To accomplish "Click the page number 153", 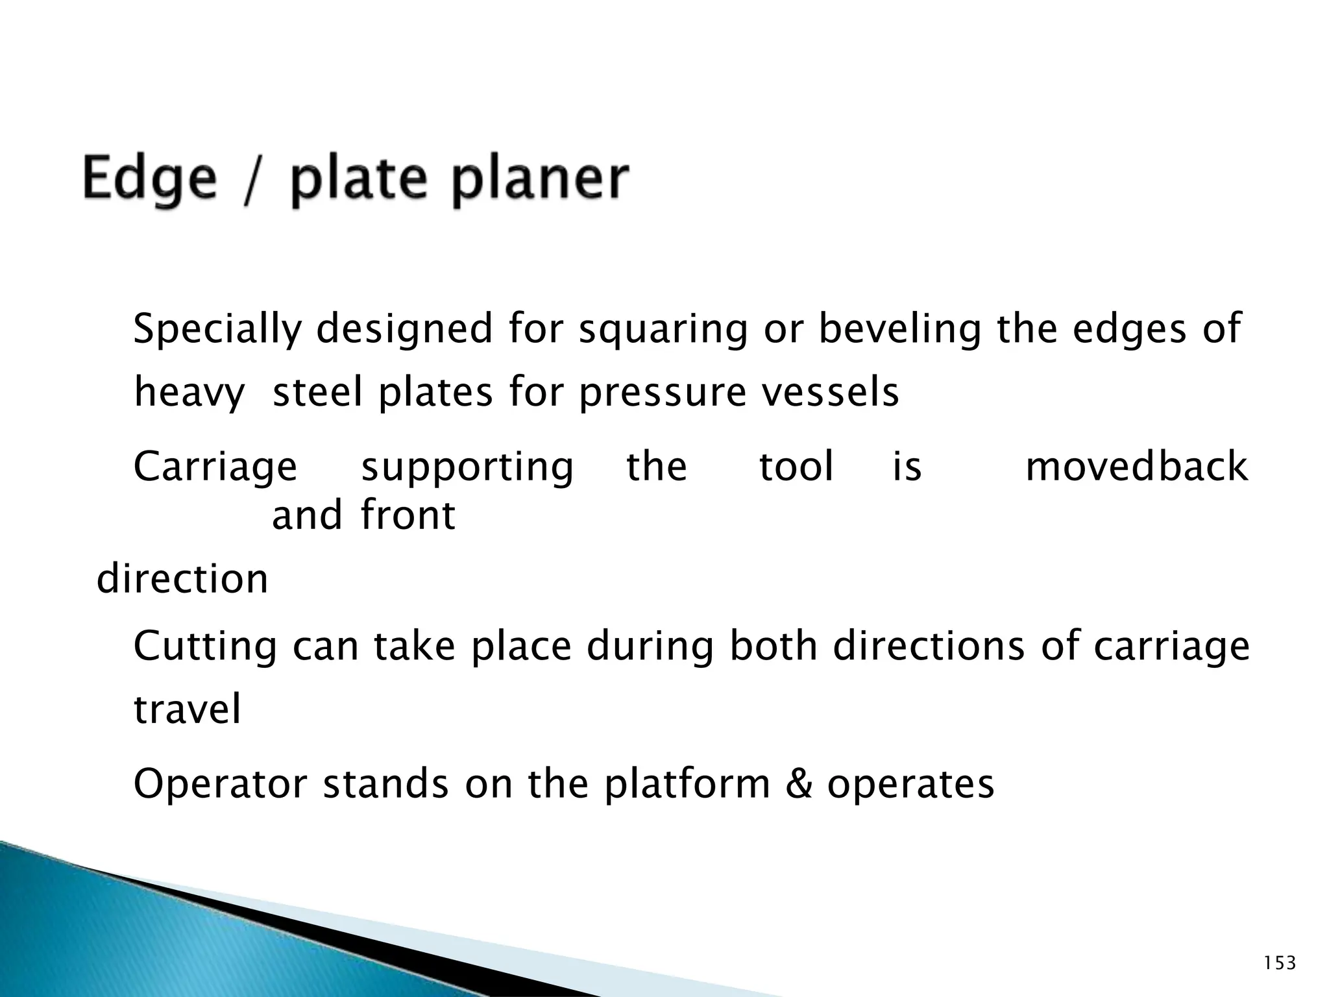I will [1280, 963].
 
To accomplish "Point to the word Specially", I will [217, 329].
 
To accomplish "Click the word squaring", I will [663, 329].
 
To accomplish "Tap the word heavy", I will [189, 393].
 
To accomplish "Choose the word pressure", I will [662, 393].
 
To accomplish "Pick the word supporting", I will [467, 467].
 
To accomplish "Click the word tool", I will [796, 466].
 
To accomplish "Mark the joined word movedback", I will [1136, 466].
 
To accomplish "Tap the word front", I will [408, 515].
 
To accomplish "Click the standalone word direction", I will [182, 578].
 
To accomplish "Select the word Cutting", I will [205, 646].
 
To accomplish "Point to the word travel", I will [188, 709].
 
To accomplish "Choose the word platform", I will [687, 784].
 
